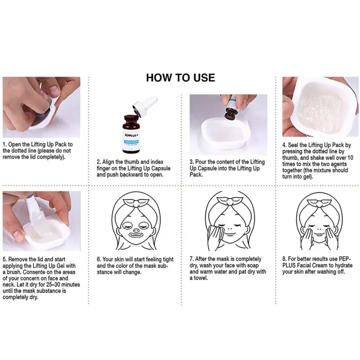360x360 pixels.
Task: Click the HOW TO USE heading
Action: coord(180,77)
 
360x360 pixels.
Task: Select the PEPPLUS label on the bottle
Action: coord(131,135)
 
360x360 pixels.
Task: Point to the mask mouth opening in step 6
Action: coord(136,235)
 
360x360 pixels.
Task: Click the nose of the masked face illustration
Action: coord(136,229)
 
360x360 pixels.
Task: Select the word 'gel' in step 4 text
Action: coord(307,177)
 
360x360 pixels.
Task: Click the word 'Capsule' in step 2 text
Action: coord(160,168)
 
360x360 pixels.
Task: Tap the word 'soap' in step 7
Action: coord(252,265)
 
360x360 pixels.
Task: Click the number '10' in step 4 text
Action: coord(350,158)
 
